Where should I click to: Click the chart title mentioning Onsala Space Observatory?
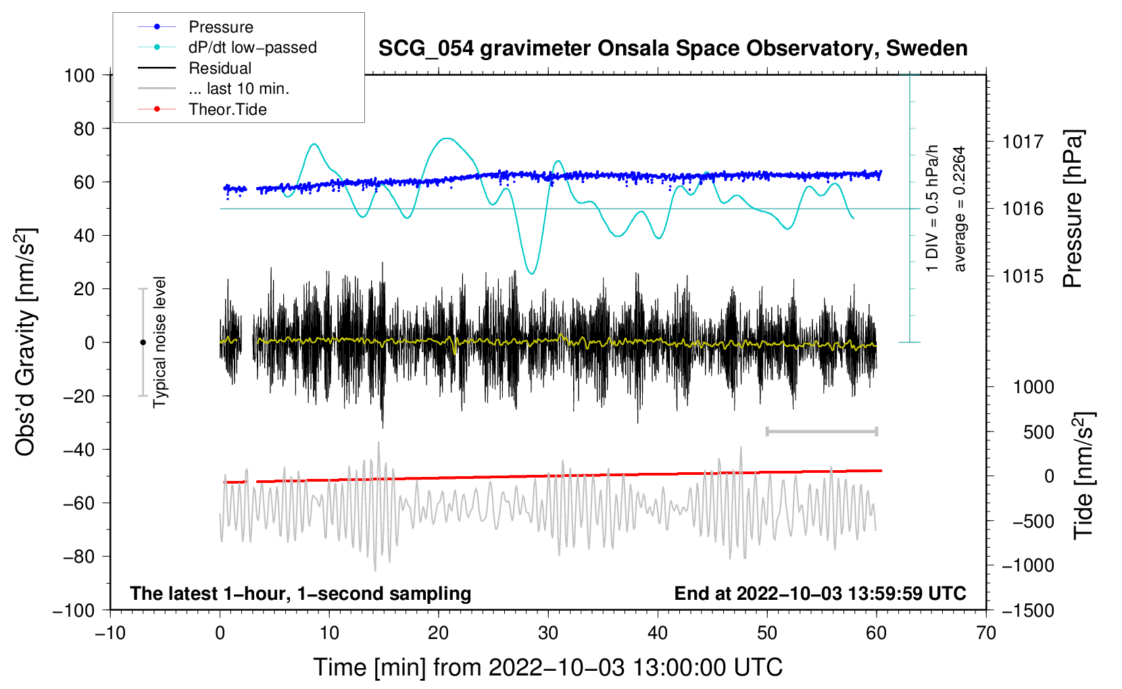673,49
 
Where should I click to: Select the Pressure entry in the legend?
220,27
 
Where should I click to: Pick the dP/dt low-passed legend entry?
252,47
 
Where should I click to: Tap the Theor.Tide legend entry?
227,109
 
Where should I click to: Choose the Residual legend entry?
220,68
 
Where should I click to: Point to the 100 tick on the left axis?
79,75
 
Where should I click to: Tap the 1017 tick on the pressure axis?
1023,142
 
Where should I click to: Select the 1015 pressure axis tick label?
1023,276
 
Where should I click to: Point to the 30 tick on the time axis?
548,634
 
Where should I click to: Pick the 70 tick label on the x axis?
986,634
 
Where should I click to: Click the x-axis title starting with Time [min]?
548,667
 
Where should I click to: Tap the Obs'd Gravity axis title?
26,342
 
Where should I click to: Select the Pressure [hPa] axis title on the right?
1073,209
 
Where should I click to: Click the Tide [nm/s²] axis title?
1083,476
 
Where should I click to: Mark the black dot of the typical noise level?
143,342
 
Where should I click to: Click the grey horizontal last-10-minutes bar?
821,431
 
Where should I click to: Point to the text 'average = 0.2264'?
960,209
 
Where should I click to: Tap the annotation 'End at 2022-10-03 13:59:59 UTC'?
820,593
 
